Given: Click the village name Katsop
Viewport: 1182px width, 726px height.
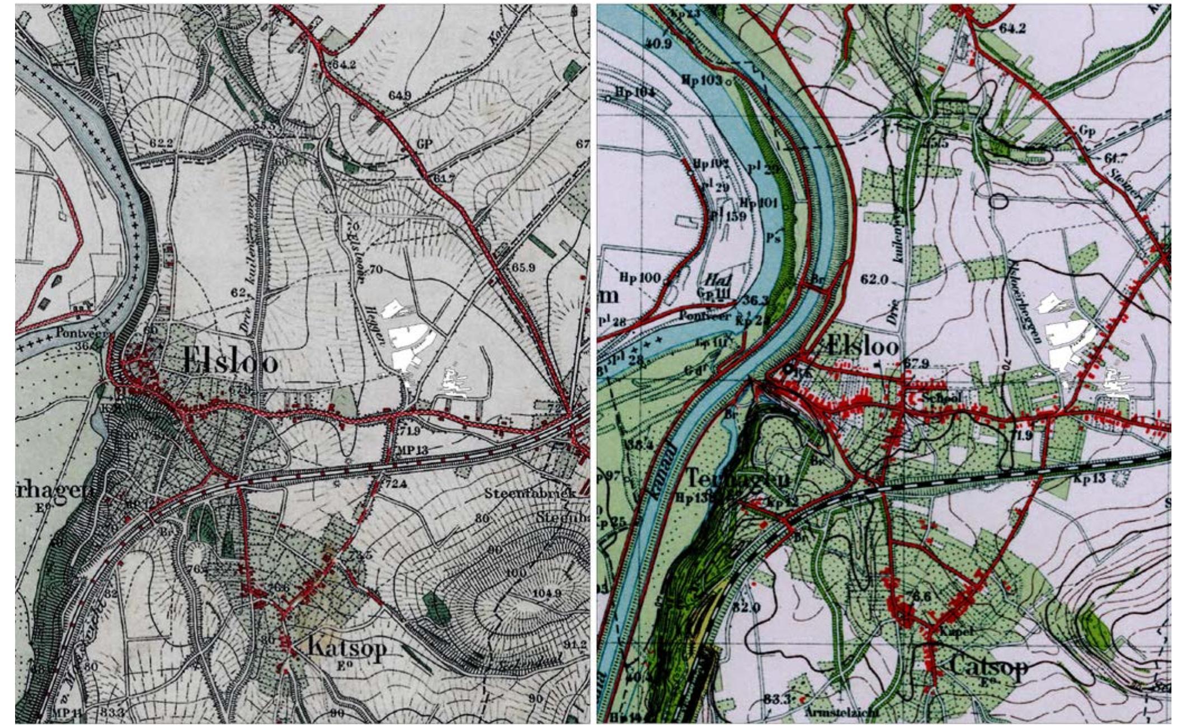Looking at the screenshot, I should (347, 649).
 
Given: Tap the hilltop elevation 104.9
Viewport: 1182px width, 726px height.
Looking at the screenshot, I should (547, 593).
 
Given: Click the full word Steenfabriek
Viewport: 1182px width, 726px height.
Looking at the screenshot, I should (530, 494).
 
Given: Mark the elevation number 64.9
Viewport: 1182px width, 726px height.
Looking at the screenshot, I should (399, 96).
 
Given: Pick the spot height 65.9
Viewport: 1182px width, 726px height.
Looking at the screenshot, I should (523, 268).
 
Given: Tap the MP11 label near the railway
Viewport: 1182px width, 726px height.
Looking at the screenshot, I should (69, 713).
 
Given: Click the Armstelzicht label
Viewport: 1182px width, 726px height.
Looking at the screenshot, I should (842, 713).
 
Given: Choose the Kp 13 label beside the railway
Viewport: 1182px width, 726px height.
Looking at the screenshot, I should (1090, 479).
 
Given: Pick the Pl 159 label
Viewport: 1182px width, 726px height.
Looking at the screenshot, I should (729, 215).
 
